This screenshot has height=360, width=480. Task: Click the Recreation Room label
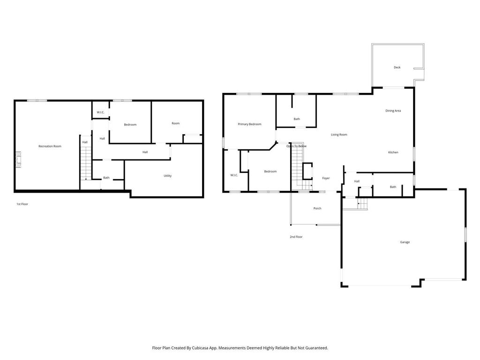pyautogui.click(x=50, y=146)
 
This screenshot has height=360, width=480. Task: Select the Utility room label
pyautogui.click(x=167, y=176)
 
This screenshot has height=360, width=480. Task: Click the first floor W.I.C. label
pyautogui.click(x=100, y=112)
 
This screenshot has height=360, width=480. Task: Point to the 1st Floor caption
pyautogui.click(x=22, y=204)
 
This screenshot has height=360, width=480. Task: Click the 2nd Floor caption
pyautogui.click(x=296, y=237)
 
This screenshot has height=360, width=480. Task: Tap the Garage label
pyautogui.click(x=405, y=242)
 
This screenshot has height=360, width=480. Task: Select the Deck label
pyautogui.click(x=397, y=67)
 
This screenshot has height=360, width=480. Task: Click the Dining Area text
pyautogui.click(x=393, y=111)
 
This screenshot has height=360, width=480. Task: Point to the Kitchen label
pyautogui.click(x=393, y=152)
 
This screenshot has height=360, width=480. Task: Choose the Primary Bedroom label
pyautogui.click(x=249, y=124)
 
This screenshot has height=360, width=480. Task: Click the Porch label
pyautogui.click(x=317, y=208)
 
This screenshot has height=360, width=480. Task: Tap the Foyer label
pyautogui.click(x=326, y=178)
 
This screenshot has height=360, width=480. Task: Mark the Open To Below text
pyautogui.click(x=296, y=146)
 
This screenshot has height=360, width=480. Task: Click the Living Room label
pyautogui.click(x=339, y=135)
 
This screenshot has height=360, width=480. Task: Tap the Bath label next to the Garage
pyautogui.click(x=393, y=187)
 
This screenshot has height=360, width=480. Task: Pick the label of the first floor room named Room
pyautogui.click(x=175, y=123)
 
